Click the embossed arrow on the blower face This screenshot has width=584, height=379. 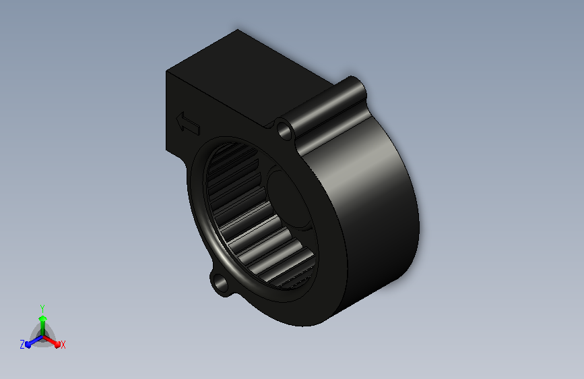188,123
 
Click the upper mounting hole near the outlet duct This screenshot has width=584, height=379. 285,130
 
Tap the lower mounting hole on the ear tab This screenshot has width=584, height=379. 220,283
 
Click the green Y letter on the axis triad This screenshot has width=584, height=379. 42,309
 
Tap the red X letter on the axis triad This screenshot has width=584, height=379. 63,345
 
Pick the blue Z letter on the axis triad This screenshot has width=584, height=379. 22,345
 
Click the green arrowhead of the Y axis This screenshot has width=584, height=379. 43,318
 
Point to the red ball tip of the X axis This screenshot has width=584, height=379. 57,345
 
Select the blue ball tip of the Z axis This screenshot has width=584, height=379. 28,345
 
